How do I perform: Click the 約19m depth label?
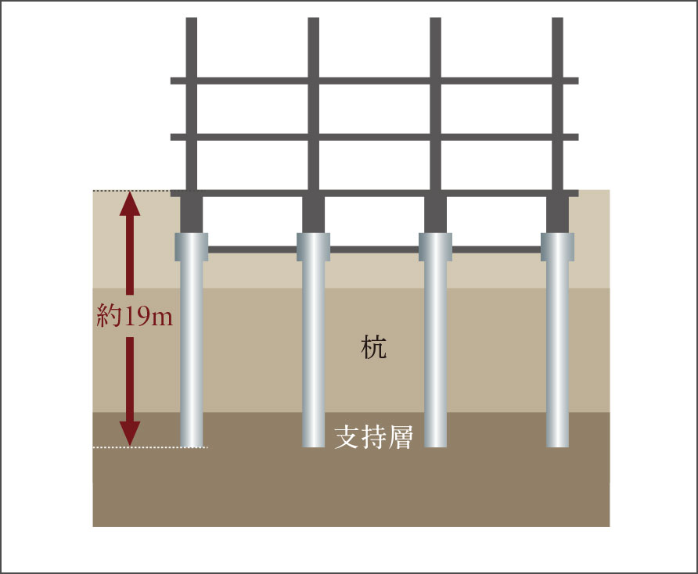tap(135, 315)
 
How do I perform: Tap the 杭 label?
tap(373, 347)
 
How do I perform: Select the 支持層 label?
tap(374, 436)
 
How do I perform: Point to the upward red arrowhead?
tap(130, 204)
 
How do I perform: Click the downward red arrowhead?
tap(130, 433)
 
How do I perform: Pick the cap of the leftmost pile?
tap(192, 247)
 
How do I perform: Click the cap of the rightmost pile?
tap(557, 247)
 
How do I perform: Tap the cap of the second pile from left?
tap(313, 247)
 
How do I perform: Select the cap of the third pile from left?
tap(435, 247)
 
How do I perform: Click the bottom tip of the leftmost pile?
tap(192, 447)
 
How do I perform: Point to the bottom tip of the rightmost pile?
tap(557, 447)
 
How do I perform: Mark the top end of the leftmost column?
tap(192, 18)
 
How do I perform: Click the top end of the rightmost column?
tap(557, 18)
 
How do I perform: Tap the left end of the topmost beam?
tap(171, 81)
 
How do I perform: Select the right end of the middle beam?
tap(577, 137)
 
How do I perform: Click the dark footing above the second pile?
tap(313, 214)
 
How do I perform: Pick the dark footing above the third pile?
tap(435, 214)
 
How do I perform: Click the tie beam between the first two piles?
tap(253, 249)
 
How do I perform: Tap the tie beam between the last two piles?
tap(496, 249)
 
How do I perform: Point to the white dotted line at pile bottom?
tap(150, 447)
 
